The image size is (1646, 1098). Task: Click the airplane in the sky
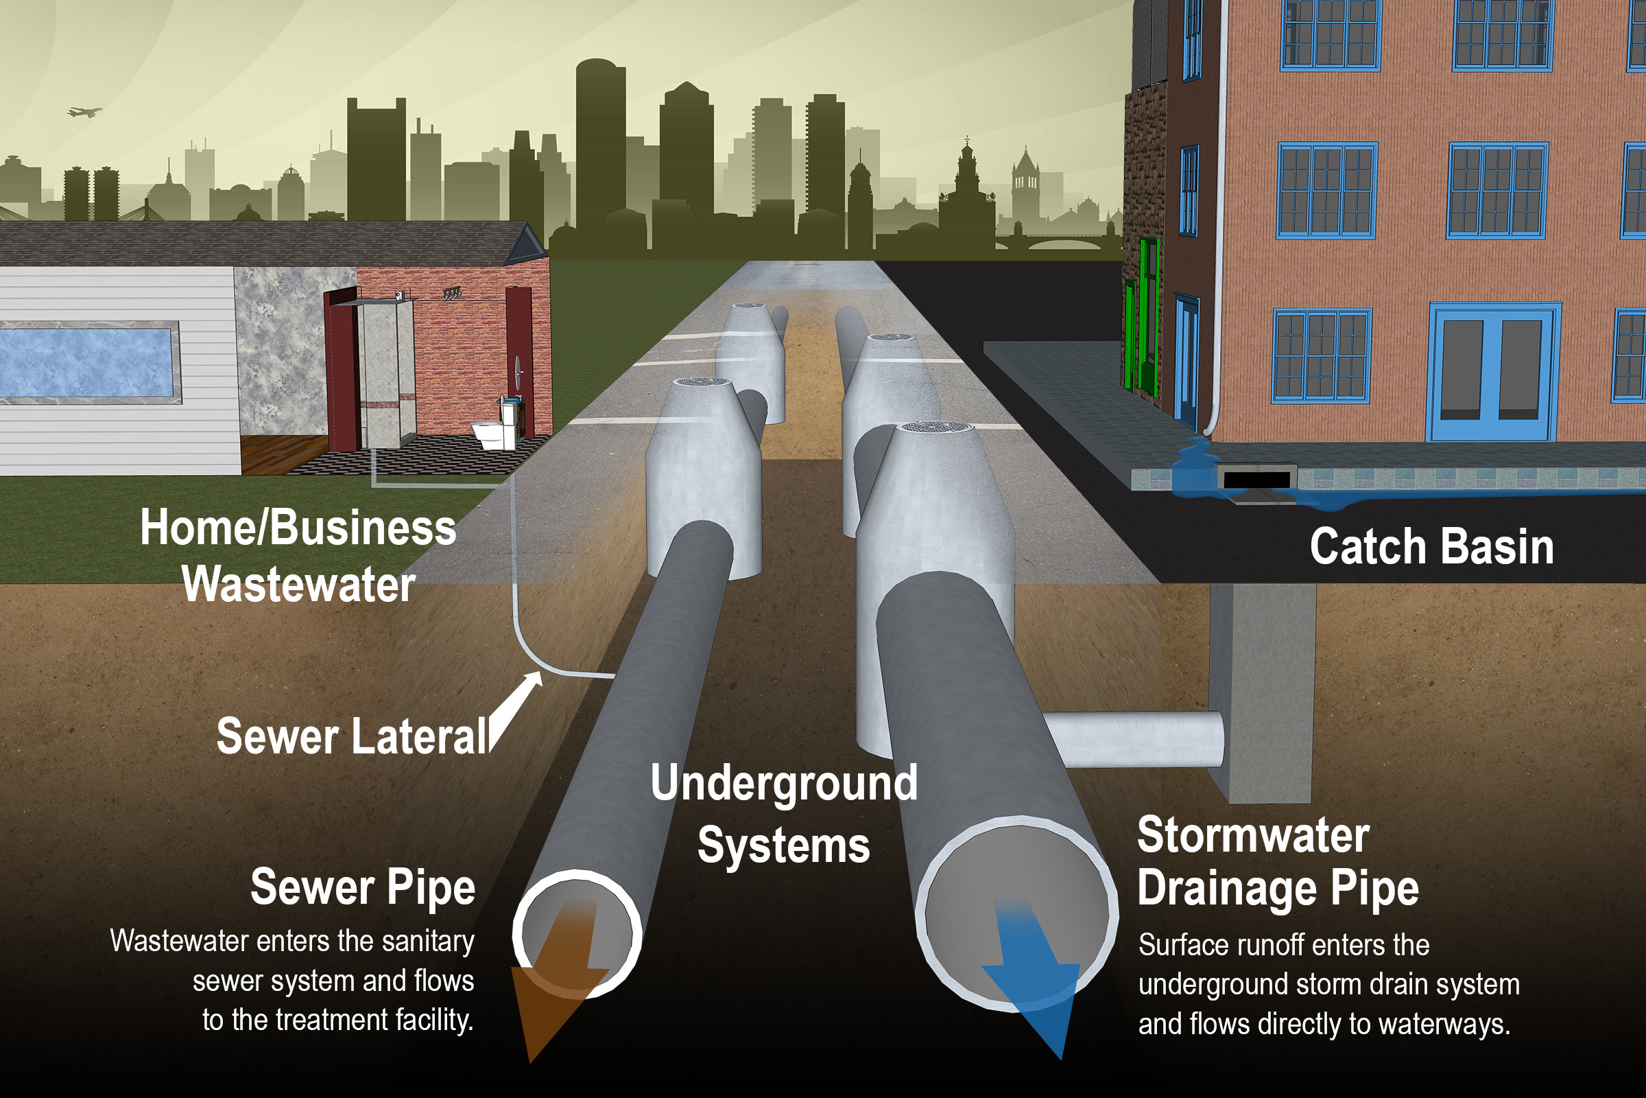[x=84, y=111]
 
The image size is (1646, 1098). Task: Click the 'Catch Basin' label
[x=1431, y=547]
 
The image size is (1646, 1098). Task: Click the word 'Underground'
[x=784, y=783]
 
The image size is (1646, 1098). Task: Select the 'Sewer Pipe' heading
[x=363, y=887]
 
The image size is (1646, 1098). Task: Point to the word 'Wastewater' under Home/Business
[x=299, y=584]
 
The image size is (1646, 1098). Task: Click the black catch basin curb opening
[x=1256, y=480]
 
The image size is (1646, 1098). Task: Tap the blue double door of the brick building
[x=1494, y=371]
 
